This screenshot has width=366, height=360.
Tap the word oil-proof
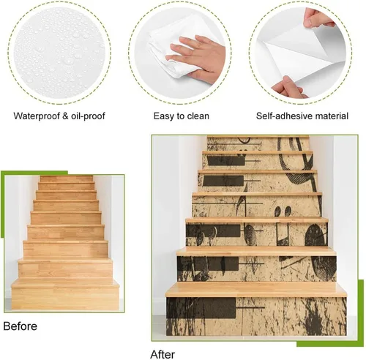[x=88, y=116]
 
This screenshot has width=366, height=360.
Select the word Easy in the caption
[x=163, y=116]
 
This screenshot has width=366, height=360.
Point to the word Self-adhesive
[x=284, y=116]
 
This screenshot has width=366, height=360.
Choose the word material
[x=332, y=116]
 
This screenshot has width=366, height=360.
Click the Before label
[x=20, y=326]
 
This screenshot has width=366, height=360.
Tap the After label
[x=163, y=354]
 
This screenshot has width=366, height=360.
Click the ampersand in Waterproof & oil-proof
[x=65, y=116]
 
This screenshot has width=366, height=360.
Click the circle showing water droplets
[x=59, y=53]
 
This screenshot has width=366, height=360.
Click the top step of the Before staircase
[x=67, y=179]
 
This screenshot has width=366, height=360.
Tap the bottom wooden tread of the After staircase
[x=256, y=290]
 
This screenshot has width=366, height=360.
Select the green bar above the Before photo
[x=34, y=173]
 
